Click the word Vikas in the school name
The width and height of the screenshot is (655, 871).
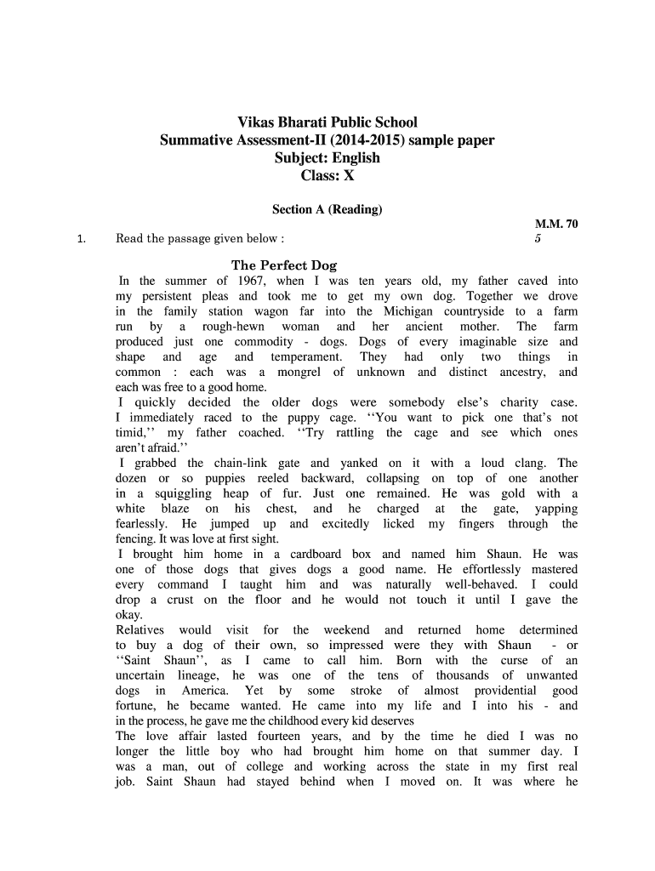pos(255,123)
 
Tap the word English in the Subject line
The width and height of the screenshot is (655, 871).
pos(352,158)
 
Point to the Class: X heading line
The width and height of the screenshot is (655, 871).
pos(327,176)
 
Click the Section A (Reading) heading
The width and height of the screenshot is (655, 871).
pos(327,209)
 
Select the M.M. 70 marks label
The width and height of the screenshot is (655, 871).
pos(555,225)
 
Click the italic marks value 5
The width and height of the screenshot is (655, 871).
pos(538,239)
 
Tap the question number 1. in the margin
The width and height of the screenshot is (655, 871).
pos(80,239)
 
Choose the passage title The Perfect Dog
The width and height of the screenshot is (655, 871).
pos(284,265)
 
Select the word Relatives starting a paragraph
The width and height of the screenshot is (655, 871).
pos(142,630)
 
